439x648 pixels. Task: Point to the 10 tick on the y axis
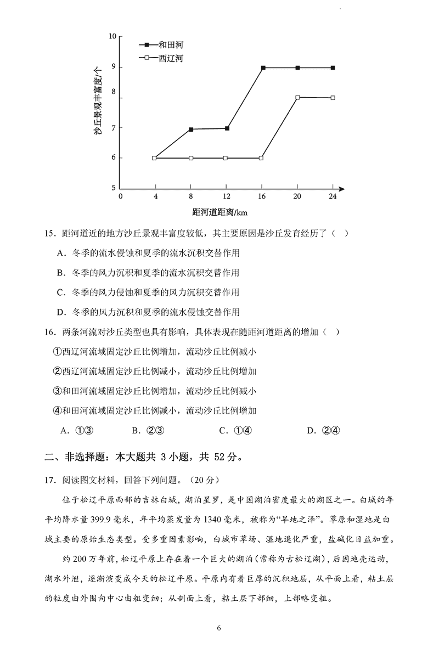(113, 36)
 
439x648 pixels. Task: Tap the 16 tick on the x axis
(261, 196)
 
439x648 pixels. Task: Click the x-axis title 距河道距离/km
(225, 211)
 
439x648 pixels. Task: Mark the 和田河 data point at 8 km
(191, 129)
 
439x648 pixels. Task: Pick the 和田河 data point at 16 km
(263, 67)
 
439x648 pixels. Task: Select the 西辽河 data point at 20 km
(297, 97)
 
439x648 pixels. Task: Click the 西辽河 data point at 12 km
(226, 158)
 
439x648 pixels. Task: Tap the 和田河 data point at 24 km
(333, 67)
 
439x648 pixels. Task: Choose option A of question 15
(148, 253)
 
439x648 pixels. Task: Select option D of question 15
(148, 312)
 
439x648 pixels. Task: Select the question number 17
(50, 480)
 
